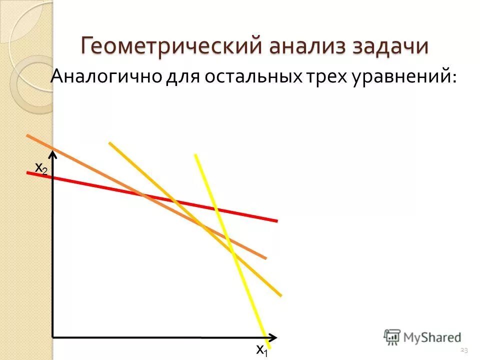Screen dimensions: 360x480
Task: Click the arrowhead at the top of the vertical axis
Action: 53,155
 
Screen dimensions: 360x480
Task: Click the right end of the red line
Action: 276,220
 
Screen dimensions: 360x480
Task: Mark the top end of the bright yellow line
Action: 195,155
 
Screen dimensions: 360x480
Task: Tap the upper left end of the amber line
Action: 109,143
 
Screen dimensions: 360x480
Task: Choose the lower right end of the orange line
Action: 265,258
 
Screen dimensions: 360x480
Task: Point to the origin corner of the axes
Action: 53,337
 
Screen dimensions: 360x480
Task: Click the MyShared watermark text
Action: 432,337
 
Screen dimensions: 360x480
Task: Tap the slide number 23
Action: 463,349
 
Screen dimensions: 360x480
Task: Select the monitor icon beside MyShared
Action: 392,336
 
